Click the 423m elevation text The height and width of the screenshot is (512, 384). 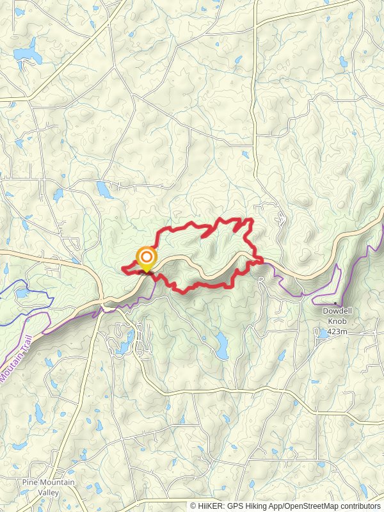click(x=337, y=331)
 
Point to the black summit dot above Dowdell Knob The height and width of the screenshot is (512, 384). click(x=335, y=303)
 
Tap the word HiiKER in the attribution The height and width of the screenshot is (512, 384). click(x=209, y=506)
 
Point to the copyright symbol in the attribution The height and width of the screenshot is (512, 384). click(x=193, y=506)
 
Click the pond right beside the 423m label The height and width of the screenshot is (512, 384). click(x=322, y=333)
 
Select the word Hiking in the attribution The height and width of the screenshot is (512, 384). click(x=252, y=506)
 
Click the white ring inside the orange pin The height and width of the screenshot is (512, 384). click(x=147, y=257)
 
